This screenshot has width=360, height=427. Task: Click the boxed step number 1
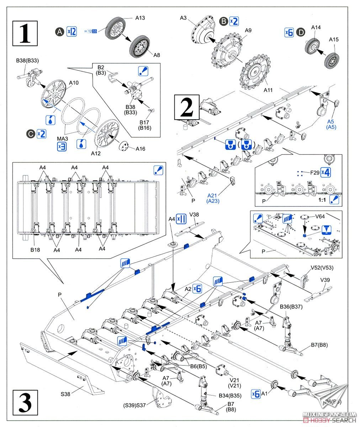(25, 33)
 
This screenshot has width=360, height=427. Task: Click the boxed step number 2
(186, 107)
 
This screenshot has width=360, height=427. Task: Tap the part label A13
(140, 17)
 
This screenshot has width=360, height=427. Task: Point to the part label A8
(157, 55)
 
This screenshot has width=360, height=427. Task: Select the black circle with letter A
(59, 32)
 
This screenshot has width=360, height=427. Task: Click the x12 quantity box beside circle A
(72, 32)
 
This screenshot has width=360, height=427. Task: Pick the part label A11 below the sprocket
(268, 90)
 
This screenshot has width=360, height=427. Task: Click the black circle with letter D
(301, 32)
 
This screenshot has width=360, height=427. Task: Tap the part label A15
(333, 39)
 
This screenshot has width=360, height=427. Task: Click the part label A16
(140, 149)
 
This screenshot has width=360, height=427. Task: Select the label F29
(314, 173)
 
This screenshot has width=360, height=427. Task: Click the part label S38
(65, 394)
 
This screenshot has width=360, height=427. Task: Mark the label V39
(325, 280)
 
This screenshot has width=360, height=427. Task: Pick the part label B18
(35, 250)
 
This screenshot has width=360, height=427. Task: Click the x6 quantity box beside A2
(197, 289)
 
